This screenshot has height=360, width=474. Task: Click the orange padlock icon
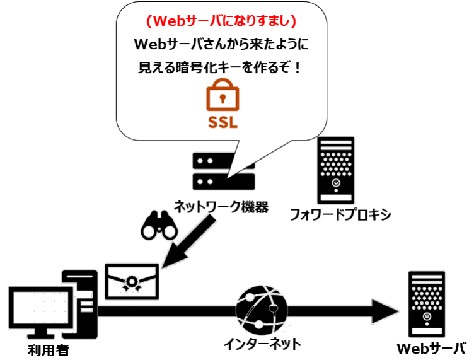pyautogui.click(x=222, y=96)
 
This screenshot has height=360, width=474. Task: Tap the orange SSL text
pyautogui.click(x=222, y=122)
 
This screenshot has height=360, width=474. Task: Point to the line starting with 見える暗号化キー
pyautogui.click(x=221, y=66)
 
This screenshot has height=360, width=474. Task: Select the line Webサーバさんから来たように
pyautogui.click(x=221, y=45)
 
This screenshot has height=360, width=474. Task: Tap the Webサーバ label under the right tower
pyautogui.click(x=434, y=348)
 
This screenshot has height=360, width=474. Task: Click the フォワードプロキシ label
pyautogui.click(x=340, y=214)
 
